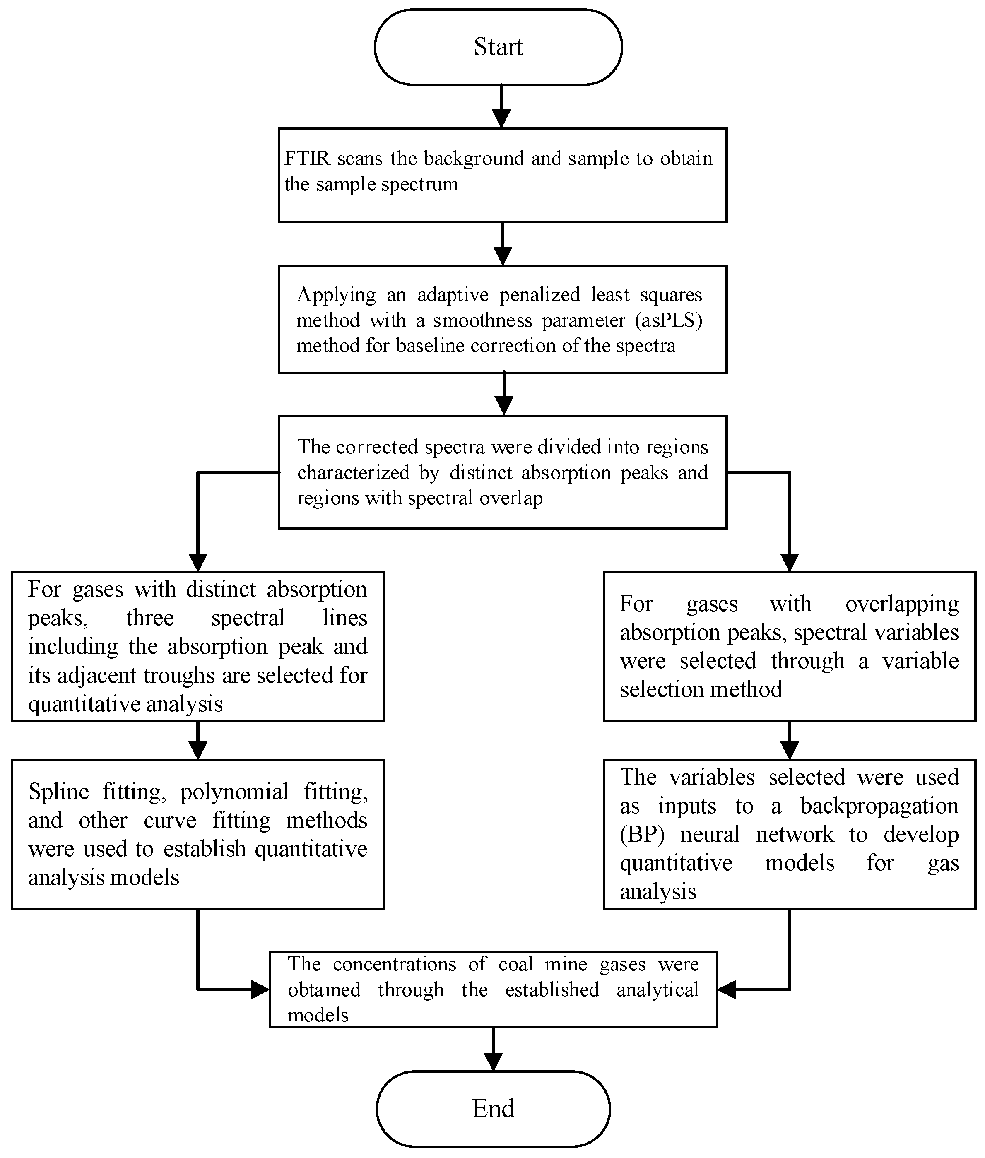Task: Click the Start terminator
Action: [498, 47]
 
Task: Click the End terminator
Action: [493, 1108]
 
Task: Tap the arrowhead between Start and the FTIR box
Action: [501, 118]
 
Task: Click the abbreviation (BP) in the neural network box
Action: [642, 835]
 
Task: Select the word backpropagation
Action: [879, 806]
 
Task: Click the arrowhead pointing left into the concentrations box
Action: [727, 989]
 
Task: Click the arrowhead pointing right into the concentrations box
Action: [260, 989]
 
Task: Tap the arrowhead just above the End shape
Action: [493, 1061]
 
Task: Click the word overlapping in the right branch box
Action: [902, 604]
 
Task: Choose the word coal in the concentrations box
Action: [513, 964]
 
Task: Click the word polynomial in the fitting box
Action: [234, 792]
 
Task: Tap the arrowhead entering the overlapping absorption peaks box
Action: [789, 562]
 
